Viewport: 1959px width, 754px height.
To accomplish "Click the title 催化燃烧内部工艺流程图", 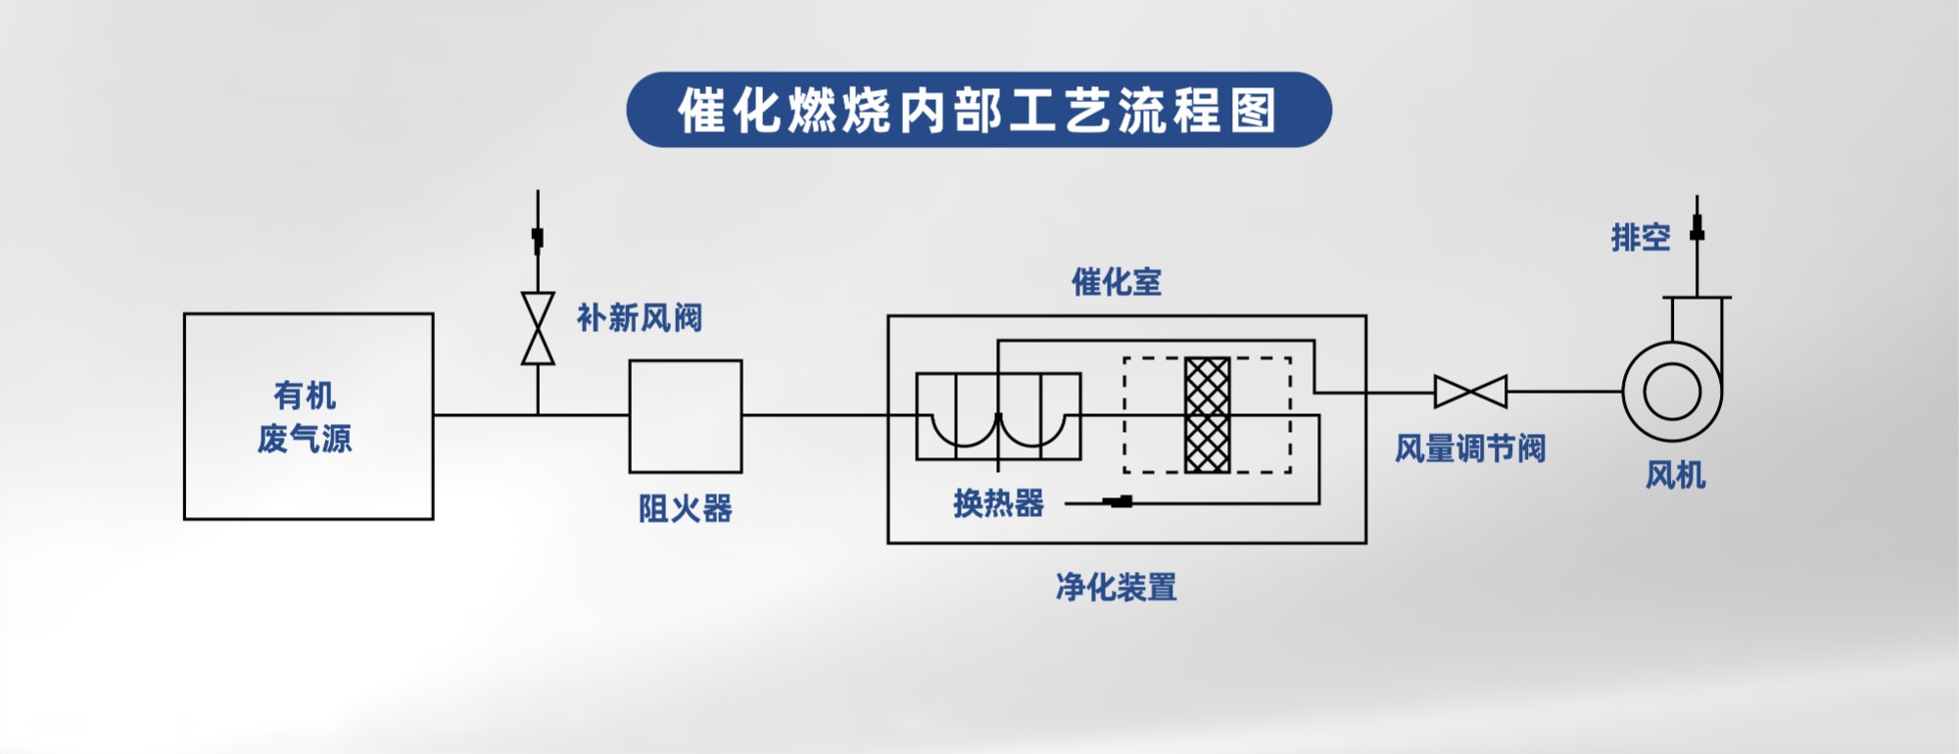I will (979, 110).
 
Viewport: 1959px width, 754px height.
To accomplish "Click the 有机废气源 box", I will (308, 416).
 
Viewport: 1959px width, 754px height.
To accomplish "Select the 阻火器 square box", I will (685, 416).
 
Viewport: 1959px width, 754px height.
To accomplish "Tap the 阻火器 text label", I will (685, 508).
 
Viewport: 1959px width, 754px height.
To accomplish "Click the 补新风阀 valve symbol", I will (538, 328).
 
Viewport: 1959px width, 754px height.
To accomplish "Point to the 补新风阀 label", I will (639, 318).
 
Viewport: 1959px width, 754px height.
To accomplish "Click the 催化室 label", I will (1116, 282).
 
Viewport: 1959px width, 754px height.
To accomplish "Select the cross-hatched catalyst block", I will (1207, 415).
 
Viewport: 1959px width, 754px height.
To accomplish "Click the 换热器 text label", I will (998, 503).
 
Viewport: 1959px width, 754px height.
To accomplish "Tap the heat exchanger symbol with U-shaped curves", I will (998, 416).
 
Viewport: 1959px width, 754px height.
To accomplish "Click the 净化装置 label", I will (1116, 588).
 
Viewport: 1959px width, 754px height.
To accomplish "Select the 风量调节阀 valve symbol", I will (1470, 392).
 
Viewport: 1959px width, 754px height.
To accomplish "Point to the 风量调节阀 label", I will (1470, 448).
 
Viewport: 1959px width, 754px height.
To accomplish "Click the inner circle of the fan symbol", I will (1672, 391).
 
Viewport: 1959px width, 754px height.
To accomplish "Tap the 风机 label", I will (1675, 475).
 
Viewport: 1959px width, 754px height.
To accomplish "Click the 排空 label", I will (1641, 237).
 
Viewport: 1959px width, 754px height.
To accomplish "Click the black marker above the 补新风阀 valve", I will (537, 237).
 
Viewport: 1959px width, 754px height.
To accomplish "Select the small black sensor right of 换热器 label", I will (1118, 502).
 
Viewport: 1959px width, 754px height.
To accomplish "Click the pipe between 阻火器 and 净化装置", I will (814, 415).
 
